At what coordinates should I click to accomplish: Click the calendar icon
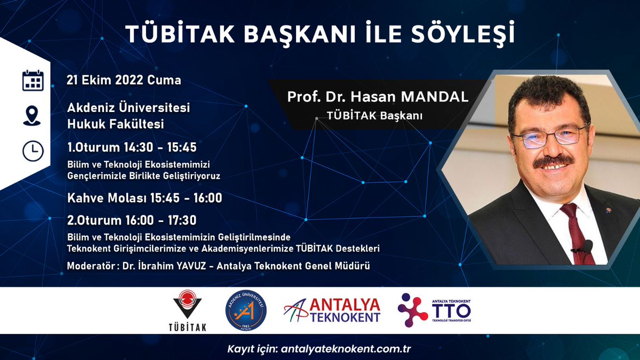pyautogui.click(x=33, y=81)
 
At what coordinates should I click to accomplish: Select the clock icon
pyautogui.click(x=33, y=151)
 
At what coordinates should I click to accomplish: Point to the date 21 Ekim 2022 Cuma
pyautogui.click(x=124, y=81)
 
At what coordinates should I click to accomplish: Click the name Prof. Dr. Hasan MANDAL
pyautogui.click(x=378, y=97)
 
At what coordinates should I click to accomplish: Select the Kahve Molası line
pyautogui.click(x=145, y=198)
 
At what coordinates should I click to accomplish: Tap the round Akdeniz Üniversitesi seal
pyautogui.click(x=246, y=310)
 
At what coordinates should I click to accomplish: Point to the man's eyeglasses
pyautogui.click(x=549, y=135)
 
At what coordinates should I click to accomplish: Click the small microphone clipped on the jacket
pyautogui.click(x=587, y=246)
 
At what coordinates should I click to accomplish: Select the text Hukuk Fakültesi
pyautogui.click(x=115, y=124)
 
